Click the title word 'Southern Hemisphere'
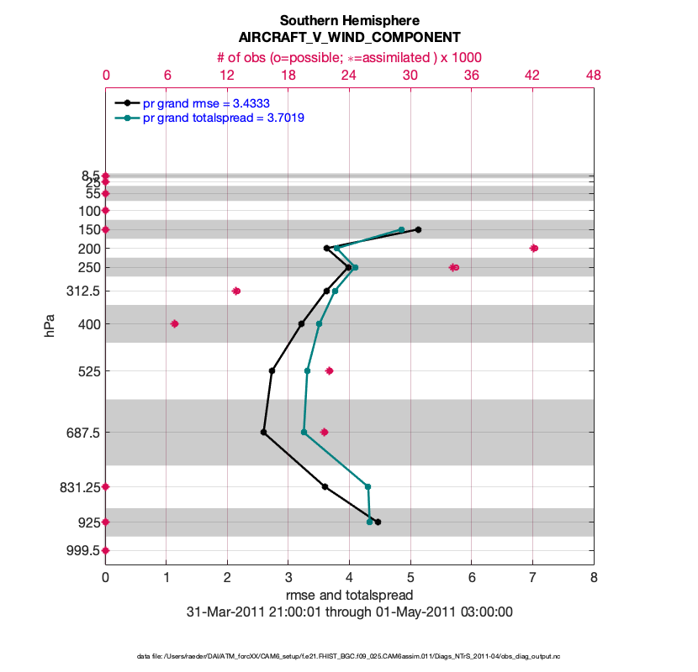[349, 20]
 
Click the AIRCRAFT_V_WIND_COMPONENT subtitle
[349, 38]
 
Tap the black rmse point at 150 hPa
[418, 229]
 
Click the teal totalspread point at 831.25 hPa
[368, 486]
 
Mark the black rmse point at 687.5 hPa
[264, 433]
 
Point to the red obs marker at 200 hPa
[534, 248]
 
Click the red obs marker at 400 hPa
[175, 323]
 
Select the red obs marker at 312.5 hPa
[236, 291]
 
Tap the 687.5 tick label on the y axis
[80, 433]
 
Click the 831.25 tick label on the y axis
[77, 486]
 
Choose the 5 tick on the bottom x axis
[410, 578]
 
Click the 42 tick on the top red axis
[532, 75]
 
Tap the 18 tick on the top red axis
[288, 75]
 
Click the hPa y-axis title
[50, 326]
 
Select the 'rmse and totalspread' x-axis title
[349, 596]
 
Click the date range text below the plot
[349, 612]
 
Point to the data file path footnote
[349, 655]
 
